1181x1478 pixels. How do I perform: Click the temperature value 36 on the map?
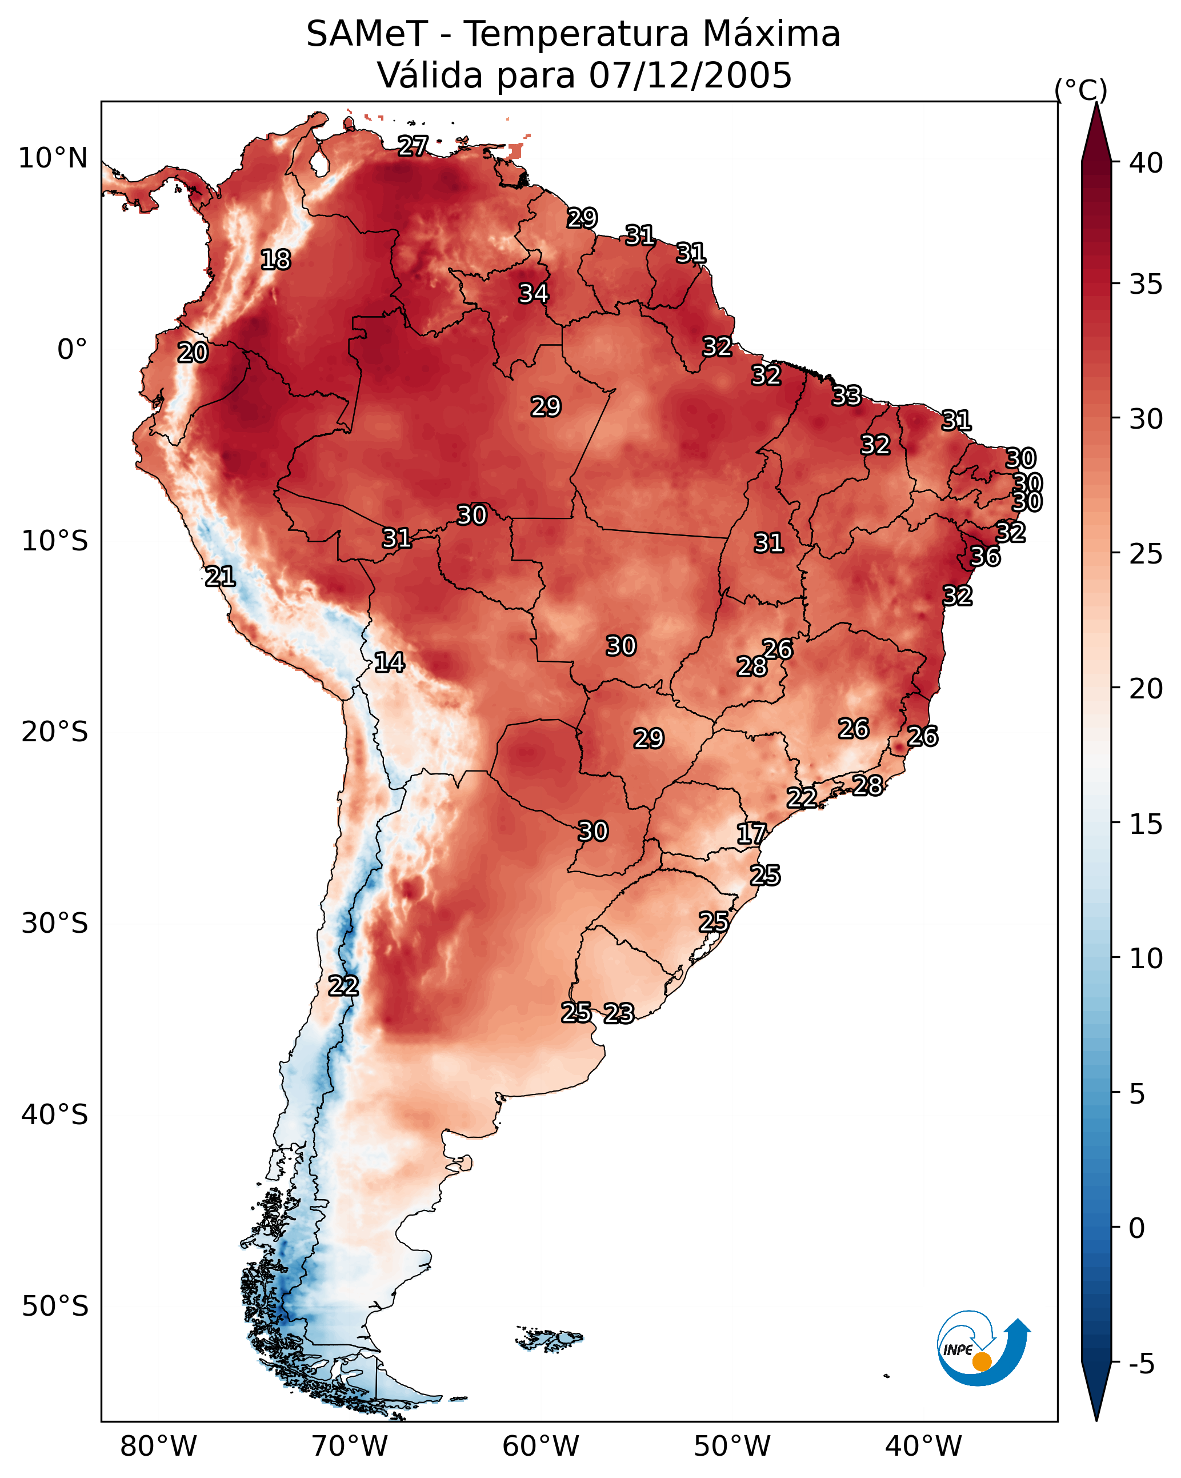coord(985,557)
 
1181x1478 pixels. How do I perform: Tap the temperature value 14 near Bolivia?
coord(389,662)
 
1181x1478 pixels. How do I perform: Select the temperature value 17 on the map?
coord(751,834)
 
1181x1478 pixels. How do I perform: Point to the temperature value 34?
coord(533,293)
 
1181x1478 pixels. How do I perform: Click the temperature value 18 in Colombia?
coord(275,260)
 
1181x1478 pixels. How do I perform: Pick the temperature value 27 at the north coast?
coord(413,145)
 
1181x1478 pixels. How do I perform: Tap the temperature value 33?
coord(847,396)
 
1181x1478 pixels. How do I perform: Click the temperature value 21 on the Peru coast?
coord(220,577)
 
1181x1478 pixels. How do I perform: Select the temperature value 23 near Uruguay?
coord(619,1013)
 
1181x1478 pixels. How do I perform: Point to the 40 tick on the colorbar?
coord(1146,163)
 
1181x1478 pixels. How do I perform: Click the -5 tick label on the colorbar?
coord(1141,1364)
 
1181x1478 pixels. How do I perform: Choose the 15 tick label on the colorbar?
coord(1146,824)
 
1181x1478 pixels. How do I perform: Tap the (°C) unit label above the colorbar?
coord(1080,90)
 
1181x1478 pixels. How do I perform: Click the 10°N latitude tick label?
coord(53,158)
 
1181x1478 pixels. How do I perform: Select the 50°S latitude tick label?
coord(55,1307)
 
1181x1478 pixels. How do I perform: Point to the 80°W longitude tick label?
coord(158,1446)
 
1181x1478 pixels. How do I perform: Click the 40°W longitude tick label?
coord(923,1446)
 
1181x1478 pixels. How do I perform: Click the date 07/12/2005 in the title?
coord(690,75)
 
